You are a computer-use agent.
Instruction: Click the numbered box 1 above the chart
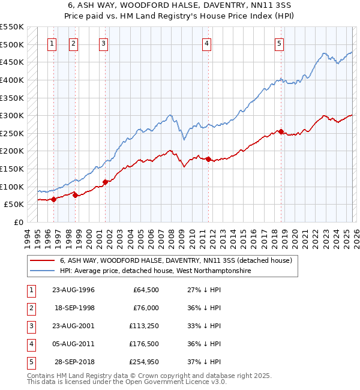point(53,43)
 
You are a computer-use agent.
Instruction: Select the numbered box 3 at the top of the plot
point(104,43)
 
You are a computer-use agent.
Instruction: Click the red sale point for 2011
point(208,159)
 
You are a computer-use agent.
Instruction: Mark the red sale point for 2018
point(281,132)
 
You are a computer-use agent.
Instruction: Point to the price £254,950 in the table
point(142,362)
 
